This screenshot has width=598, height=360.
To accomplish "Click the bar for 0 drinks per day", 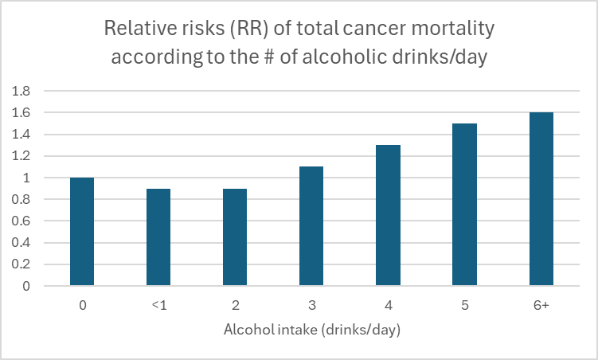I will pos(82,231).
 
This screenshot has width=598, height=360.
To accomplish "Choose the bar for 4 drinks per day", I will pos(388,215).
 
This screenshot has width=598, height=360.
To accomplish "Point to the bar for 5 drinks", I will pos(464,204).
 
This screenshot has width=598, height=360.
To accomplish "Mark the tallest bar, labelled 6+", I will pos(541,198).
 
